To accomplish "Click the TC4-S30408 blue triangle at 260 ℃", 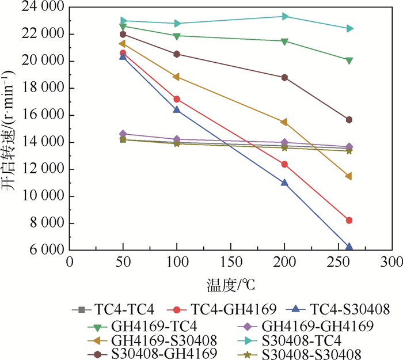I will tap(348, 247).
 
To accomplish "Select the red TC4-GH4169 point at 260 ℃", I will tap(348, 220).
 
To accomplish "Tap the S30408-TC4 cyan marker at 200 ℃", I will tap(284, 16).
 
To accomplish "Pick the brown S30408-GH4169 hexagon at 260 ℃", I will tap(348, 120).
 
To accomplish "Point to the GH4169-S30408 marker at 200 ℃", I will tap(284, 122).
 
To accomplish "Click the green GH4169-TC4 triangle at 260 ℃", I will tap(348, 60).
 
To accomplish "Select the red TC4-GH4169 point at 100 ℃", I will tap(177, 99).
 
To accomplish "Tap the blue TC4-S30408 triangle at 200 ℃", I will tap(284, 183).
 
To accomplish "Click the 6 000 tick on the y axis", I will tap(45, 251).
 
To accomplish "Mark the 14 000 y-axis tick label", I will tap(42, 142).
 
